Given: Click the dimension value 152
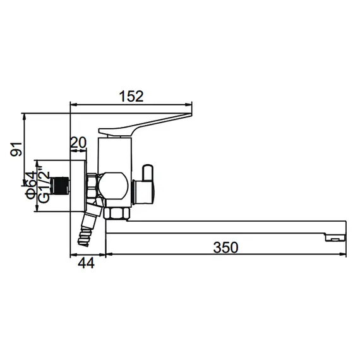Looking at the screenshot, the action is click(131, 97).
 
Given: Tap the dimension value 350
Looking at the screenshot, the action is click(225, 248).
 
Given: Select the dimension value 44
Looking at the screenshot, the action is click(86, 263).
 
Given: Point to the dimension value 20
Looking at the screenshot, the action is click(78, 143).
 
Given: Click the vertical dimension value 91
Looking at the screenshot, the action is click(16, 149).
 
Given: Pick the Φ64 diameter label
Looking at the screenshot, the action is click(31, 185).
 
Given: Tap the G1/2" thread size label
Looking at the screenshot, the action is click(44, 184).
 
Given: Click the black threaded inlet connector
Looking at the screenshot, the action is click(60, 186).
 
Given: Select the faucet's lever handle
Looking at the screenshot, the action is click(145, 125).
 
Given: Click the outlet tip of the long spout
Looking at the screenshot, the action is click(335, 237).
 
